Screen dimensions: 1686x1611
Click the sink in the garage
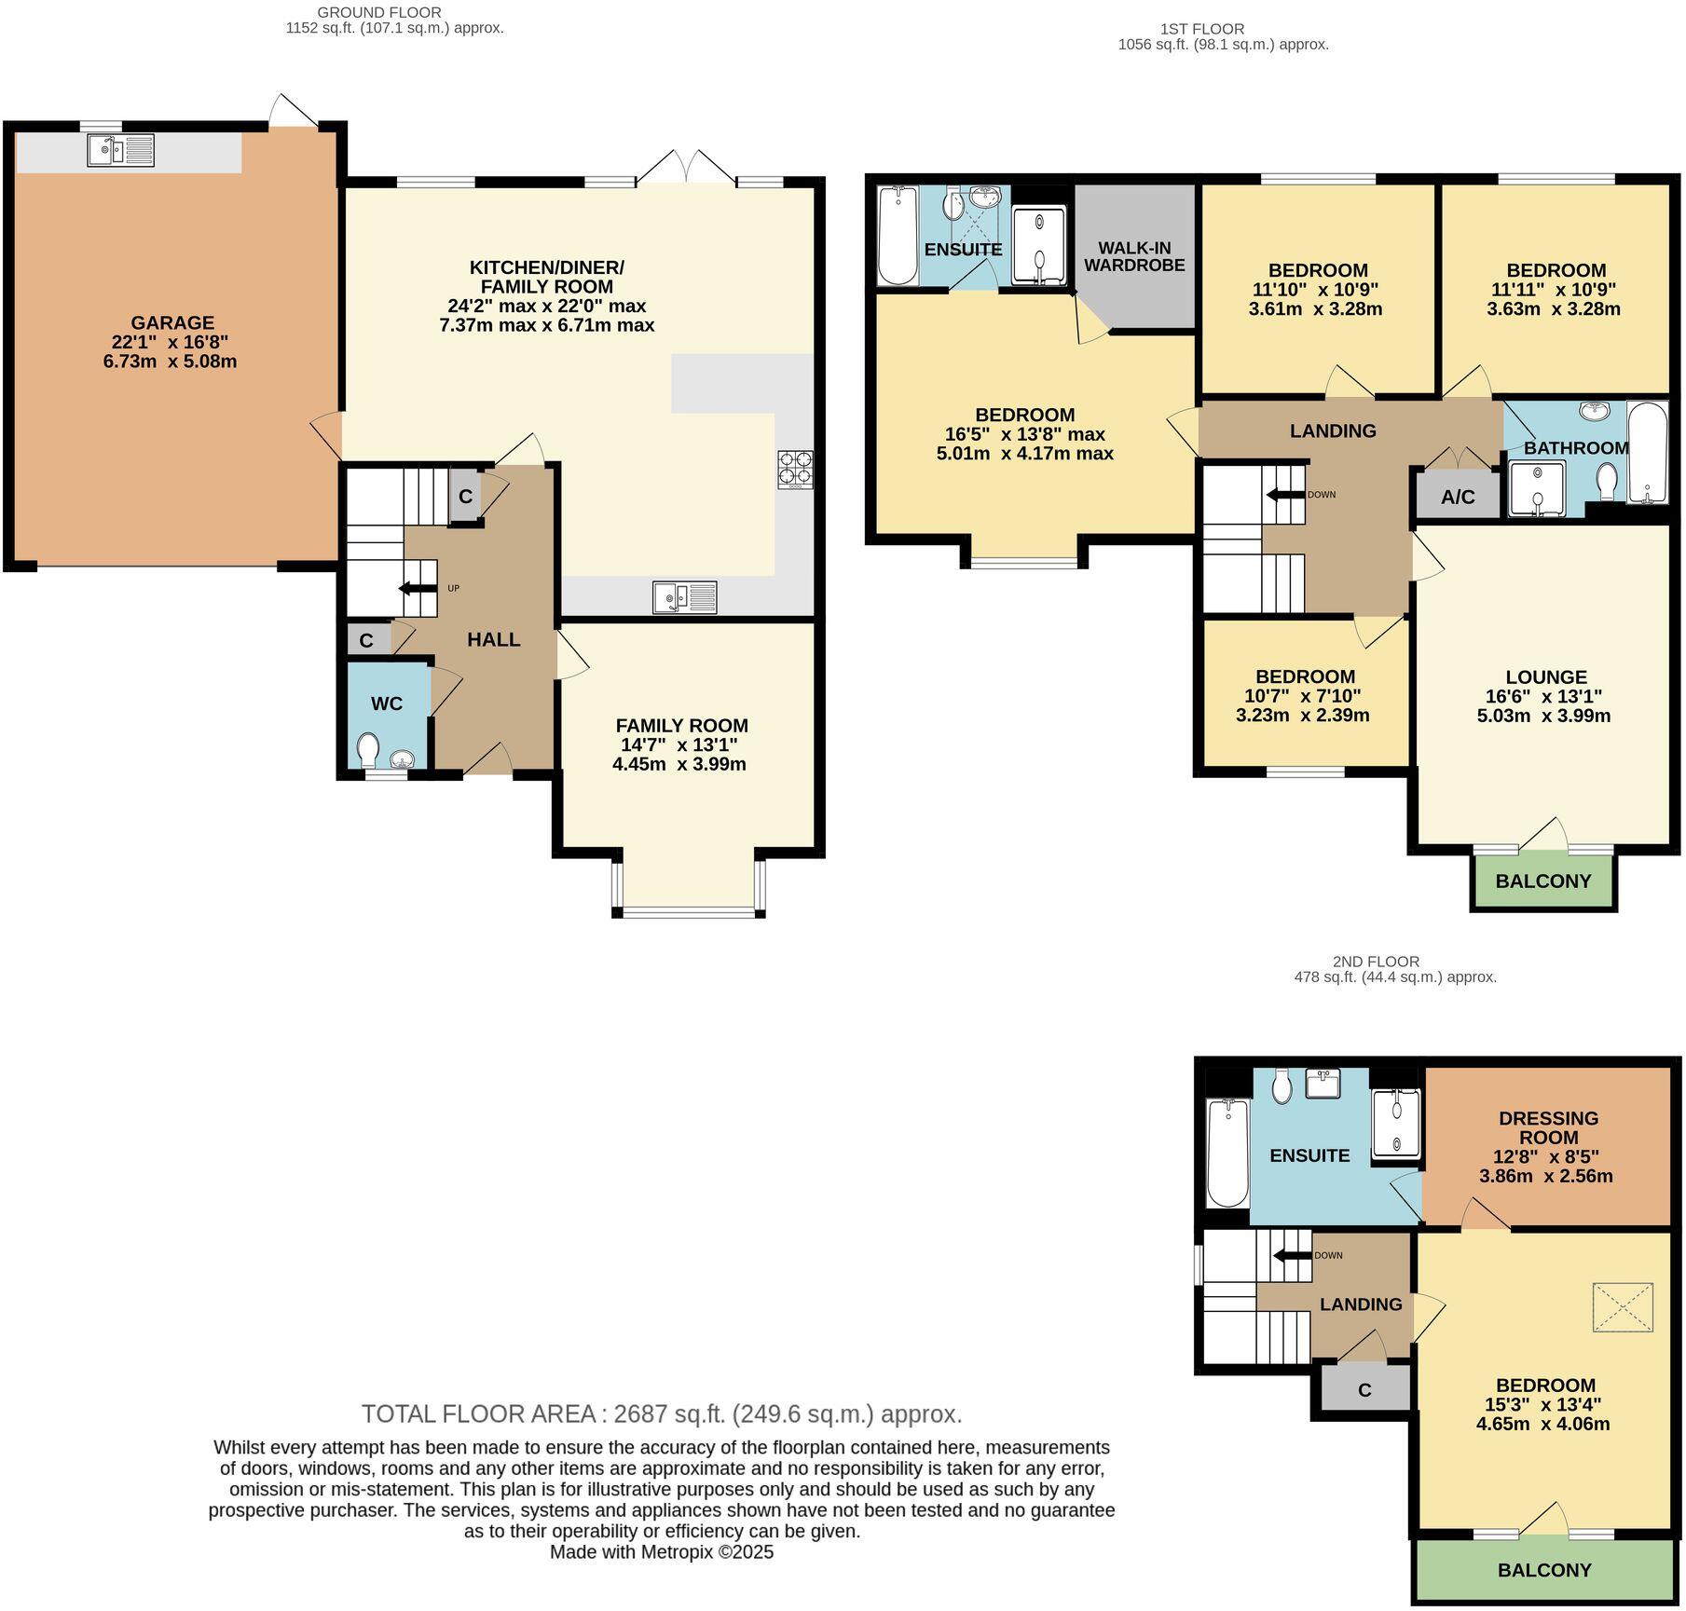click(121, 150)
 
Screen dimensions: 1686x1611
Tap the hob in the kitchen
click(794, 471)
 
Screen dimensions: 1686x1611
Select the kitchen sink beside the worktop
click(685, 597)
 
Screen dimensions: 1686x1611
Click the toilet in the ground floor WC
click(369, 748)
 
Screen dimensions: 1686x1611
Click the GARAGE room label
click(172, 323)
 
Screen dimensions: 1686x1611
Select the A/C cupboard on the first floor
click(1459, 496)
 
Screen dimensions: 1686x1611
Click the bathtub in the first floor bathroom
click(1648, 453)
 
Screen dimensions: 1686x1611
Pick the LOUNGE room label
click(1546, 677)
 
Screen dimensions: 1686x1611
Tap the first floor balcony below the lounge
click(1543, 881)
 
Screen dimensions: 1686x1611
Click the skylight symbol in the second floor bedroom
click(1624, 1307)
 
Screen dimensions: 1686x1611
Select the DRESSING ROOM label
click(1548, 1127)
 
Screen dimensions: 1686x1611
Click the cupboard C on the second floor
click(1365, 1389)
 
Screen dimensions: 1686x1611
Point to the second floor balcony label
click(1544, 1570)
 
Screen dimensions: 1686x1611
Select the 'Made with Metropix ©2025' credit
click(662, 1552)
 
